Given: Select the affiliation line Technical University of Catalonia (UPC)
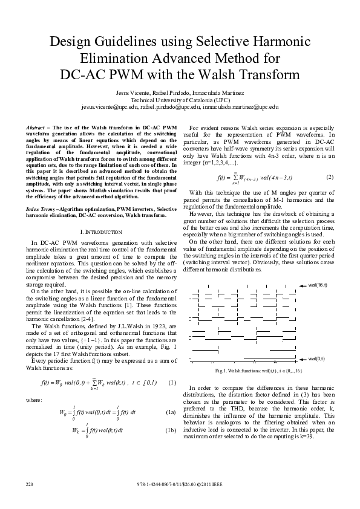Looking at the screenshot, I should click(x=180, y=99).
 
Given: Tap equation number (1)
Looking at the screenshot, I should click(x=171, y=382).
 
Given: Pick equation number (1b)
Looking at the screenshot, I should click(x=170, y=430).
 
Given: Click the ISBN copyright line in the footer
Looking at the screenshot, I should click(x=180, y=485).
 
